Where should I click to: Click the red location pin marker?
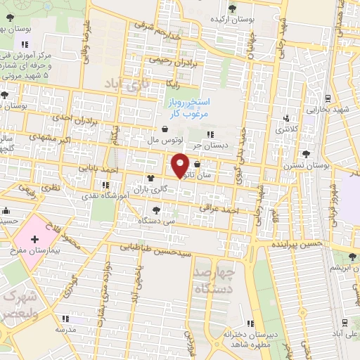click(x=181, y=165)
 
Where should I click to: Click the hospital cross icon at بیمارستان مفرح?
click(x=34, y=240)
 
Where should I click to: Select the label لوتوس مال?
click(x=164, y=140)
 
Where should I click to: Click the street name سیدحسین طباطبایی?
click(x=154, y=248)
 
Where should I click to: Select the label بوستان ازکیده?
click(x=235, y=18)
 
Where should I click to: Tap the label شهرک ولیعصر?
click(x=19, y=304)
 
